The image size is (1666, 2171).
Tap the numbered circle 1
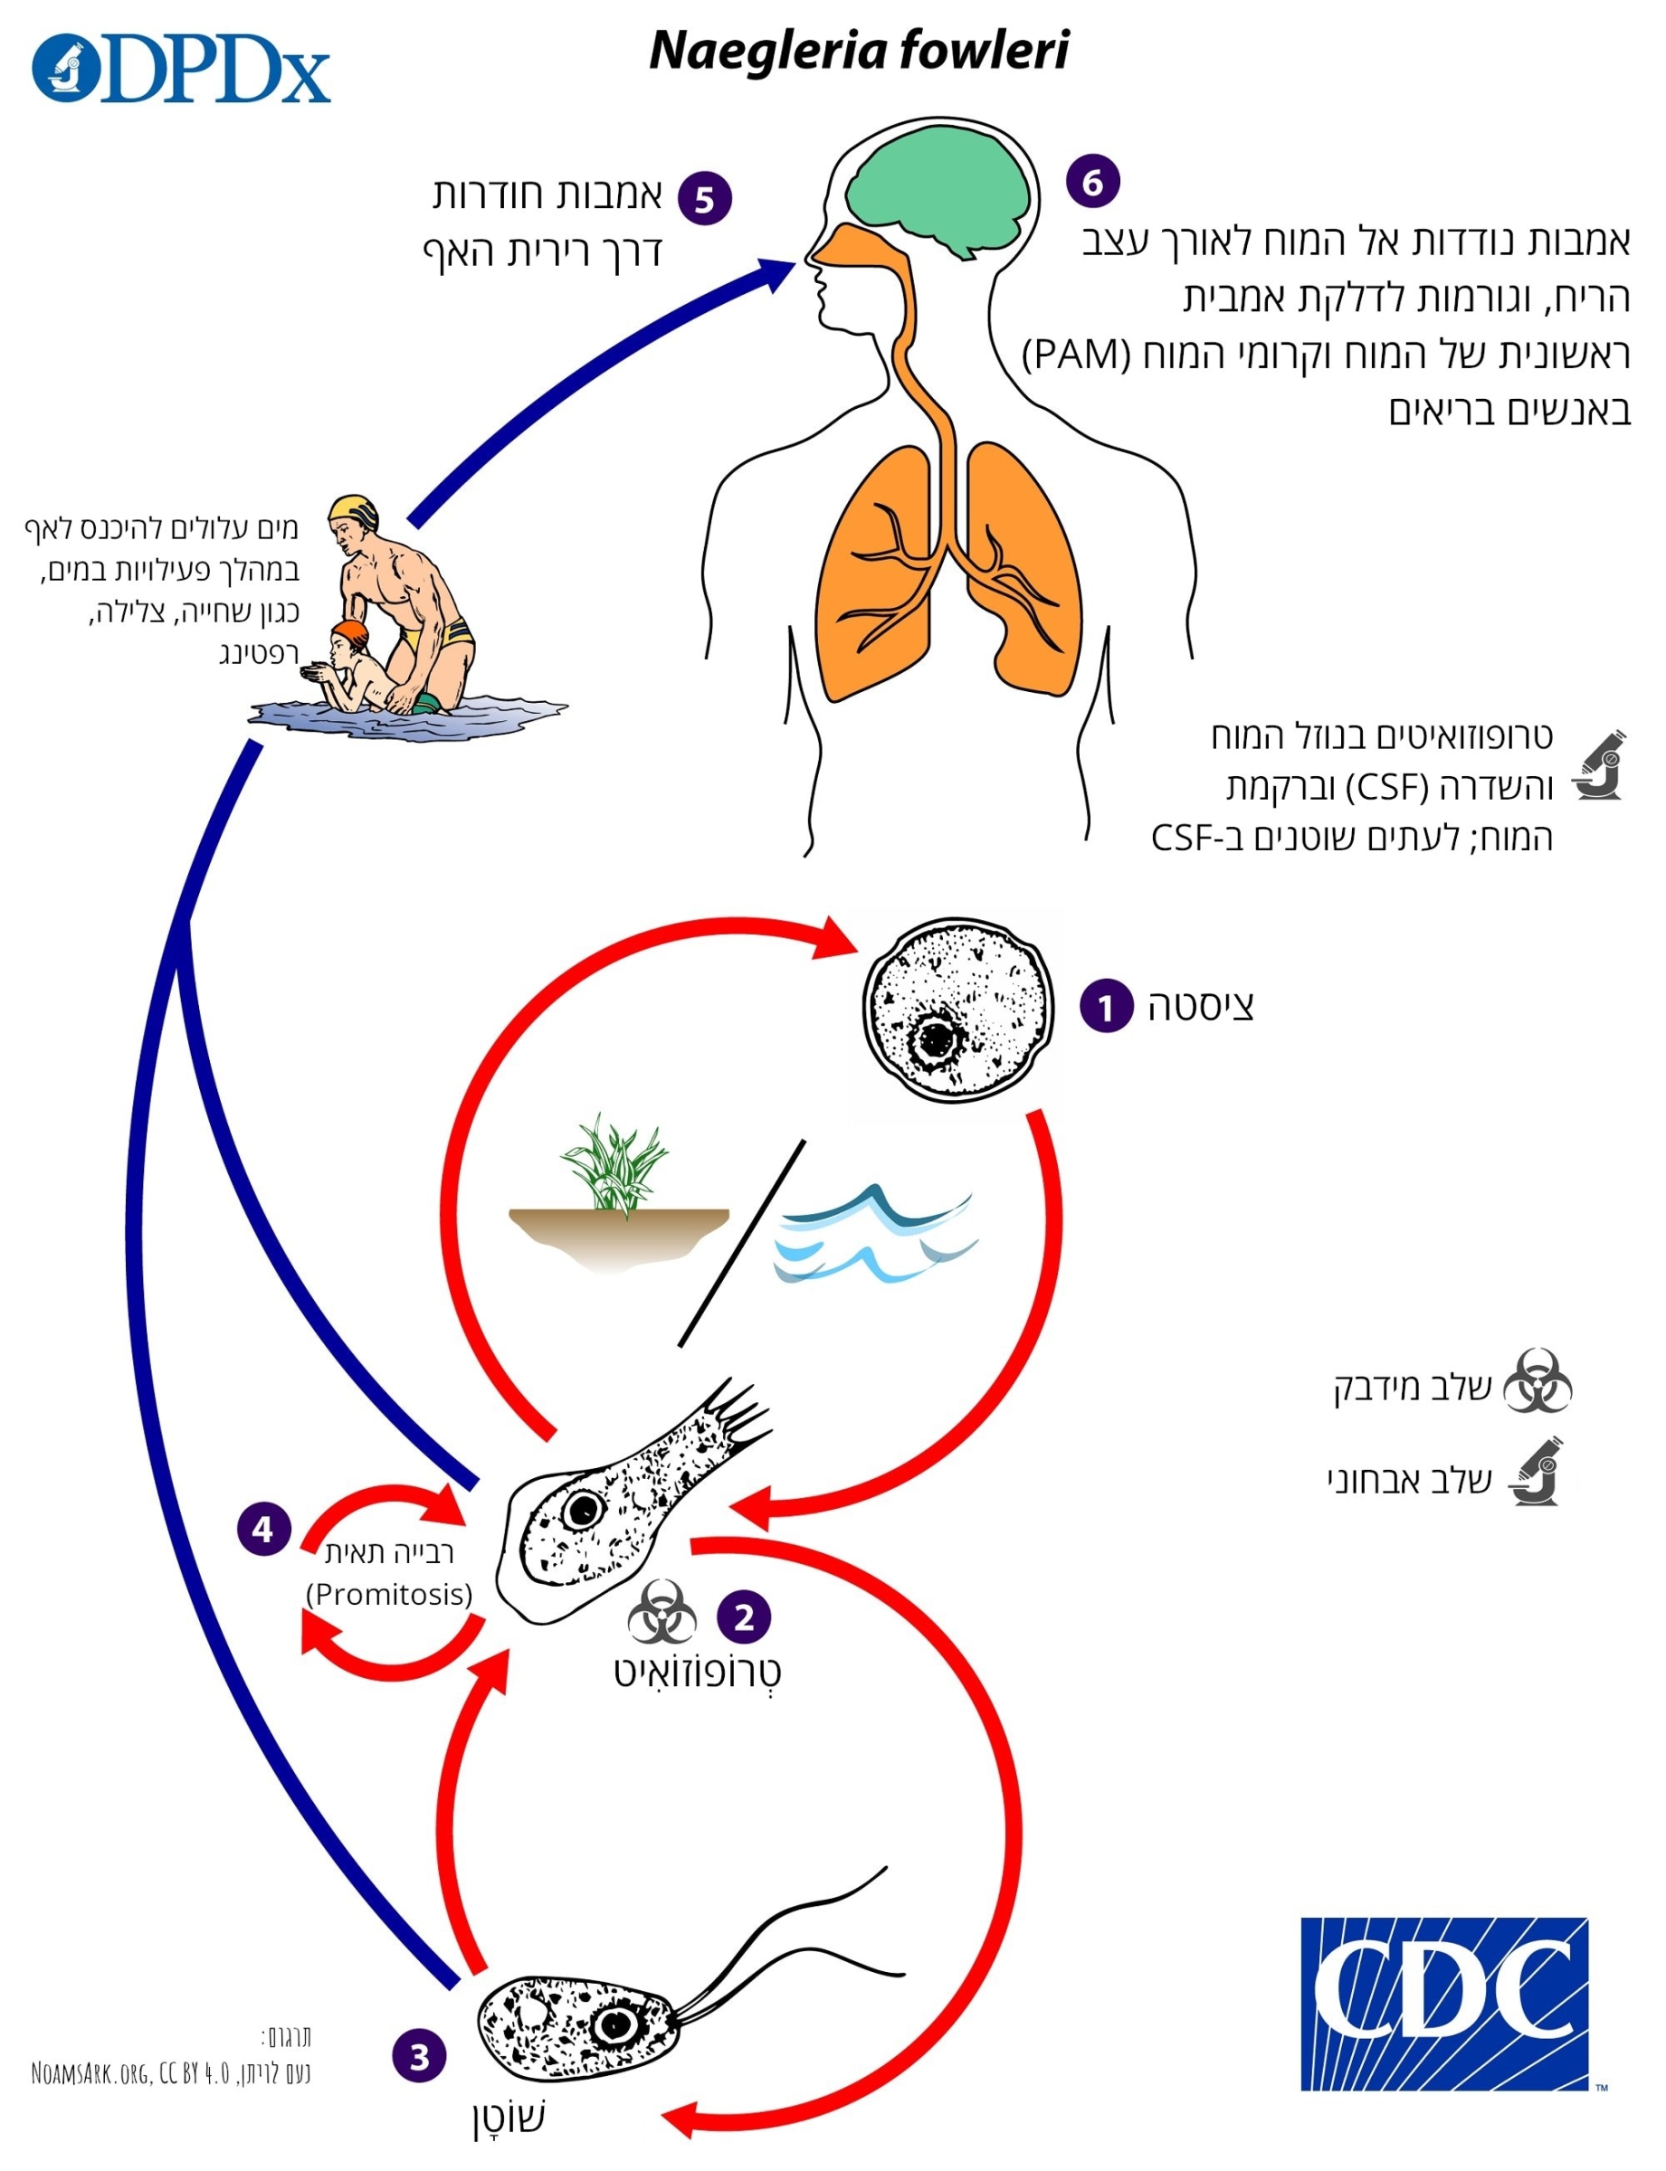click(1106, 1006)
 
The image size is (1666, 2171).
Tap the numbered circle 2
click(744, 1616)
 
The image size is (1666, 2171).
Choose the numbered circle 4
click(262, 1530)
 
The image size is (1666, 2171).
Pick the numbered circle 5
click(704, 198)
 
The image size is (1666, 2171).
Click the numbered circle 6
click(1092, 182)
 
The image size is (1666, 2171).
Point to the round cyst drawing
click(954, 1010)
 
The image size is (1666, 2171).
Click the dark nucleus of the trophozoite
click(582, 1510)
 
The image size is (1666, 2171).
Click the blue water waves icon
click(872, 1234)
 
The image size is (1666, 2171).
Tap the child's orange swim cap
click(350, 630)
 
